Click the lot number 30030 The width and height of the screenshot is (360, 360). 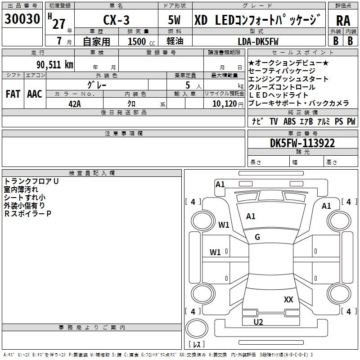(x=22, y=19)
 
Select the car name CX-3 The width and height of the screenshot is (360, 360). (x=116, y=20)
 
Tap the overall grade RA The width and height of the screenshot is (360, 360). (x=343, y=21)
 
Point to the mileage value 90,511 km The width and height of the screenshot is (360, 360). (x=54, y=65)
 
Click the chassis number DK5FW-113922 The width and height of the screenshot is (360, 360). (x=302, y=143)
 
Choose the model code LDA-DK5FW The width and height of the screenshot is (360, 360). (x=258, y=41)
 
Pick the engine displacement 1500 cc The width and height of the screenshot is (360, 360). (x=141, y=41)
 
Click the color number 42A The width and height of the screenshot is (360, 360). (x=75, y=104)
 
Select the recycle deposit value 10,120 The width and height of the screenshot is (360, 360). (x=225, y=104)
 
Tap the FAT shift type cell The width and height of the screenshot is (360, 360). (x=13, y=94)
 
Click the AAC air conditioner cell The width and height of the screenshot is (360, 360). (x=35, y=94)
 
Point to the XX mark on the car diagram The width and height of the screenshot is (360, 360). (x=288, y=299)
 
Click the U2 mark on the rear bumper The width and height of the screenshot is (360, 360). (x=258, y=322)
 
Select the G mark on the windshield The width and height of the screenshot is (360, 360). (x=257, y=237)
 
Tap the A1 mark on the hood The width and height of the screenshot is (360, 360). (x=251, y=216)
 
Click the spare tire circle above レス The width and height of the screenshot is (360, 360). (x=197, y=328)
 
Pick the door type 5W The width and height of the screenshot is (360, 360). (x=174, y=20)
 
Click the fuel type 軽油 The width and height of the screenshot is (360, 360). (x=175, y=41)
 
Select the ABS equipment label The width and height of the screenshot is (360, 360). (x=289, y=121)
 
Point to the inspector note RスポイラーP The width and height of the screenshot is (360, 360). (x=27, y=214)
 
